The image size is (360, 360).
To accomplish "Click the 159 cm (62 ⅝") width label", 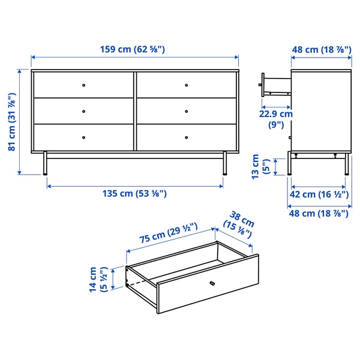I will point(135,49).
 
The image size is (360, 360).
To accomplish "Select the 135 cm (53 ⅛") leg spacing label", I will point(134,193).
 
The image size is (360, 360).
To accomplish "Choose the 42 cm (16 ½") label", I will point(317,194).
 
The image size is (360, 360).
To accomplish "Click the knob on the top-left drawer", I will point(83,85).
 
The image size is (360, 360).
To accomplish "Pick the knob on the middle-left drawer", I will point(83,111).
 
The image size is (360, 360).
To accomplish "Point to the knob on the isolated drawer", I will point(211,283).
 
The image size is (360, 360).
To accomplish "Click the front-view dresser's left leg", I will point(46,163).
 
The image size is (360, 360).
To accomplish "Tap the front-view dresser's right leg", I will point(224,163).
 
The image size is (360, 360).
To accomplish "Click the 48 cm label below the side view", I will point(319,212).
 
